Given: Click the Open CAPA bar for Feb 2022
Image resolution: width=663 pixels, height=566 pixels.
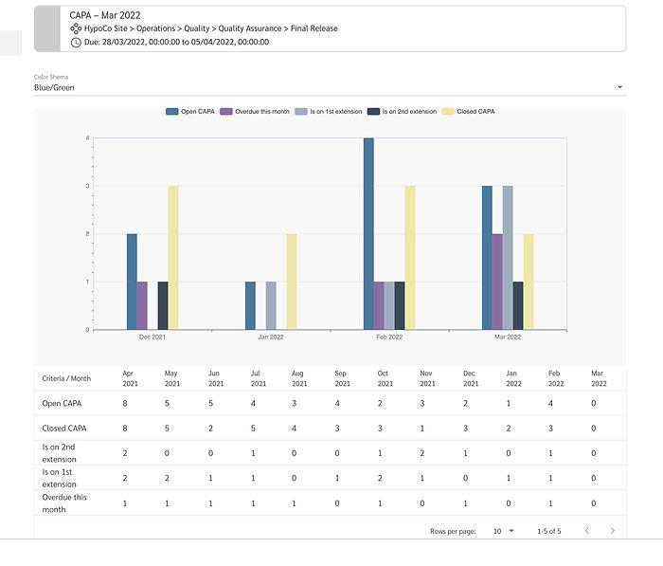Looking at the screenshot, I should click(368, 233).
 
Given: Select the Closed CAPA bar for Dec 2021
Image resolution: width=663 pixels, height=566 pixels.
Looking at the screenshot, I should click(173, 257).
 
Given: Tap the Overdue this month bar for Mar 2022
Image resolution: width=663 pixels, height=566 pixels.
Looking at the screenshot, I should click(497, 282).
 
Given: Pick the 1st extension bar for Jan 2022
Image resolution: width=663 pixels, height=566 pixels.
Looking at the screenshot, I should click(271, 305).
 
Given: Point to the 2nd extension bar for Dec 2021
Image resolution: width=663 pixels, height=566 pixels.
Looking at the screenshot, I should click(163, 305).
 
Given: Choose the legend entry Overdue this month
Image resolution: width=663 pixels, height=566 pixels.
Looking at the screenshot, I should click(253, 112).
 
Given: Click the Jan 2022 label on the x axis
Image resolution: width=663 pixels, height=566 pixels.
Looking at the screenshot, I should click(271, 337).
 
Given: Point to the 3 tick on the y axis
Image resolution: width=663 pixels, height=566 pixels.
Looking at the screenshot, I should click(87, 186).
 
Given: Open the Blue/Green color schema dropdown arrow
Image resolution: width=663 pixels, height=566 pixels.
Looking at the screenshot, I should click(619, 87).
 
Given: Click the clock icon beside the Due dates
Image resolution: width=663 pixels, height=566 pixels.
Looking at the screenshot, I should click(76, 42).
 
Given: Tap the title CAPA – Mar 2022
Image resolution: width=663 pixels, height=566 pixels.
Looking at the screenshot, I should click(105, 15).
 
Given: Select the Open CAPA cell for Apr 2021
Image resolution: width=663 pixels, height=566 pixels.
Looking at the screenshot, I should click(125, 403).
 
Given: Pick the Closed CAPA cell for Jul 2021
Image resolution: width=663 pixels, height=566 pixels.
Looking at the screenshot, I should click(253, 428).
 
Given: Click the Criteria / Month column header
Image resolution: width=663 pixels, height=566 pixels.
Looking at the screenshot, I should click(66, 378).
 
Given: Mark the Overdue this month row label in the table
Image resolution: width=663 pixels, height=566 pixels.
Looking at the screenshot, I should click(64, 502).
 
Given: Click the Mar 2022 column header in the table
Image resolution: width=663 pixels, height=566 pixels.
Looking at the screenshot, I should click(599, 378).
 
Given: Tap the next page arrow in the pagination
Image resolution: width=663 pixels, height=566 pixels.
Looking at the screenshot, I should click(613, 531).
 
